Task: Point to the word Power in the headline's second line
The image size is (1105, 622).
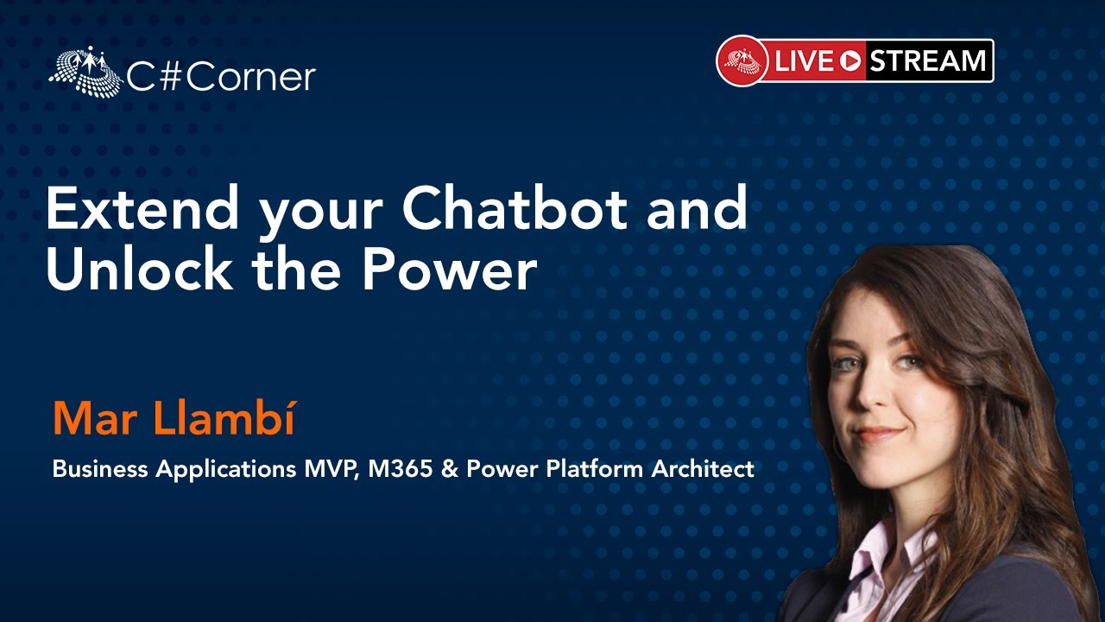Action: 450,270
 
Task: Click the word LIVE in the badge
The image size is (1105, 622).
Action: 803,61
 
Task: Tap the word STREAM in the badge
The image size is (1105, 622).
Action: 927,60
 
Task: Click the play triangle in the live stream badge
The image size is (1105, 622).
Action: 850,61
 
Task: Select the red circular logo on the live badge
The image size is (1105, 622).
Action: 742,60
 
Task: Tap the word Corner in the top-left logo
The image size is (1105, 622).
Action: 250,77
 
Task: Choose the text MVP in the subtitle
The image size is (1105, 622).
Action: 331,468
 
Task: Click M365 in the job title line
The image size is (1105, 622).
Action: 400,468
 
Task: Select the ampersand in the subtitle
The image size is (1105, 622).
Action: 450,468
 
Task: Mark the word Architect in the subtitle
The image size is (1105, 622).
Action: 703,468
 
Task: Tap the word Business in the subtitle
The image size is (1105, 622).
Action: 100,468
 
